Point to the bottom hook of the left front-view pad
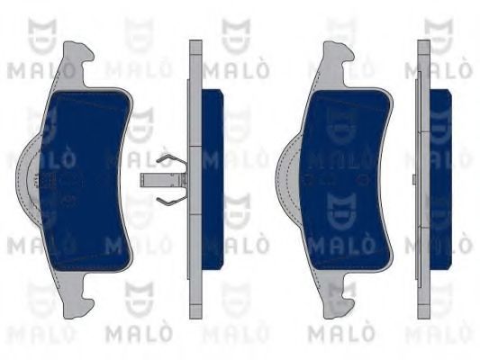76,297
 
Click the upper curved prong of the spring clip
168,163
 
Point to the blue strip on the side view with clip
209,180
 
